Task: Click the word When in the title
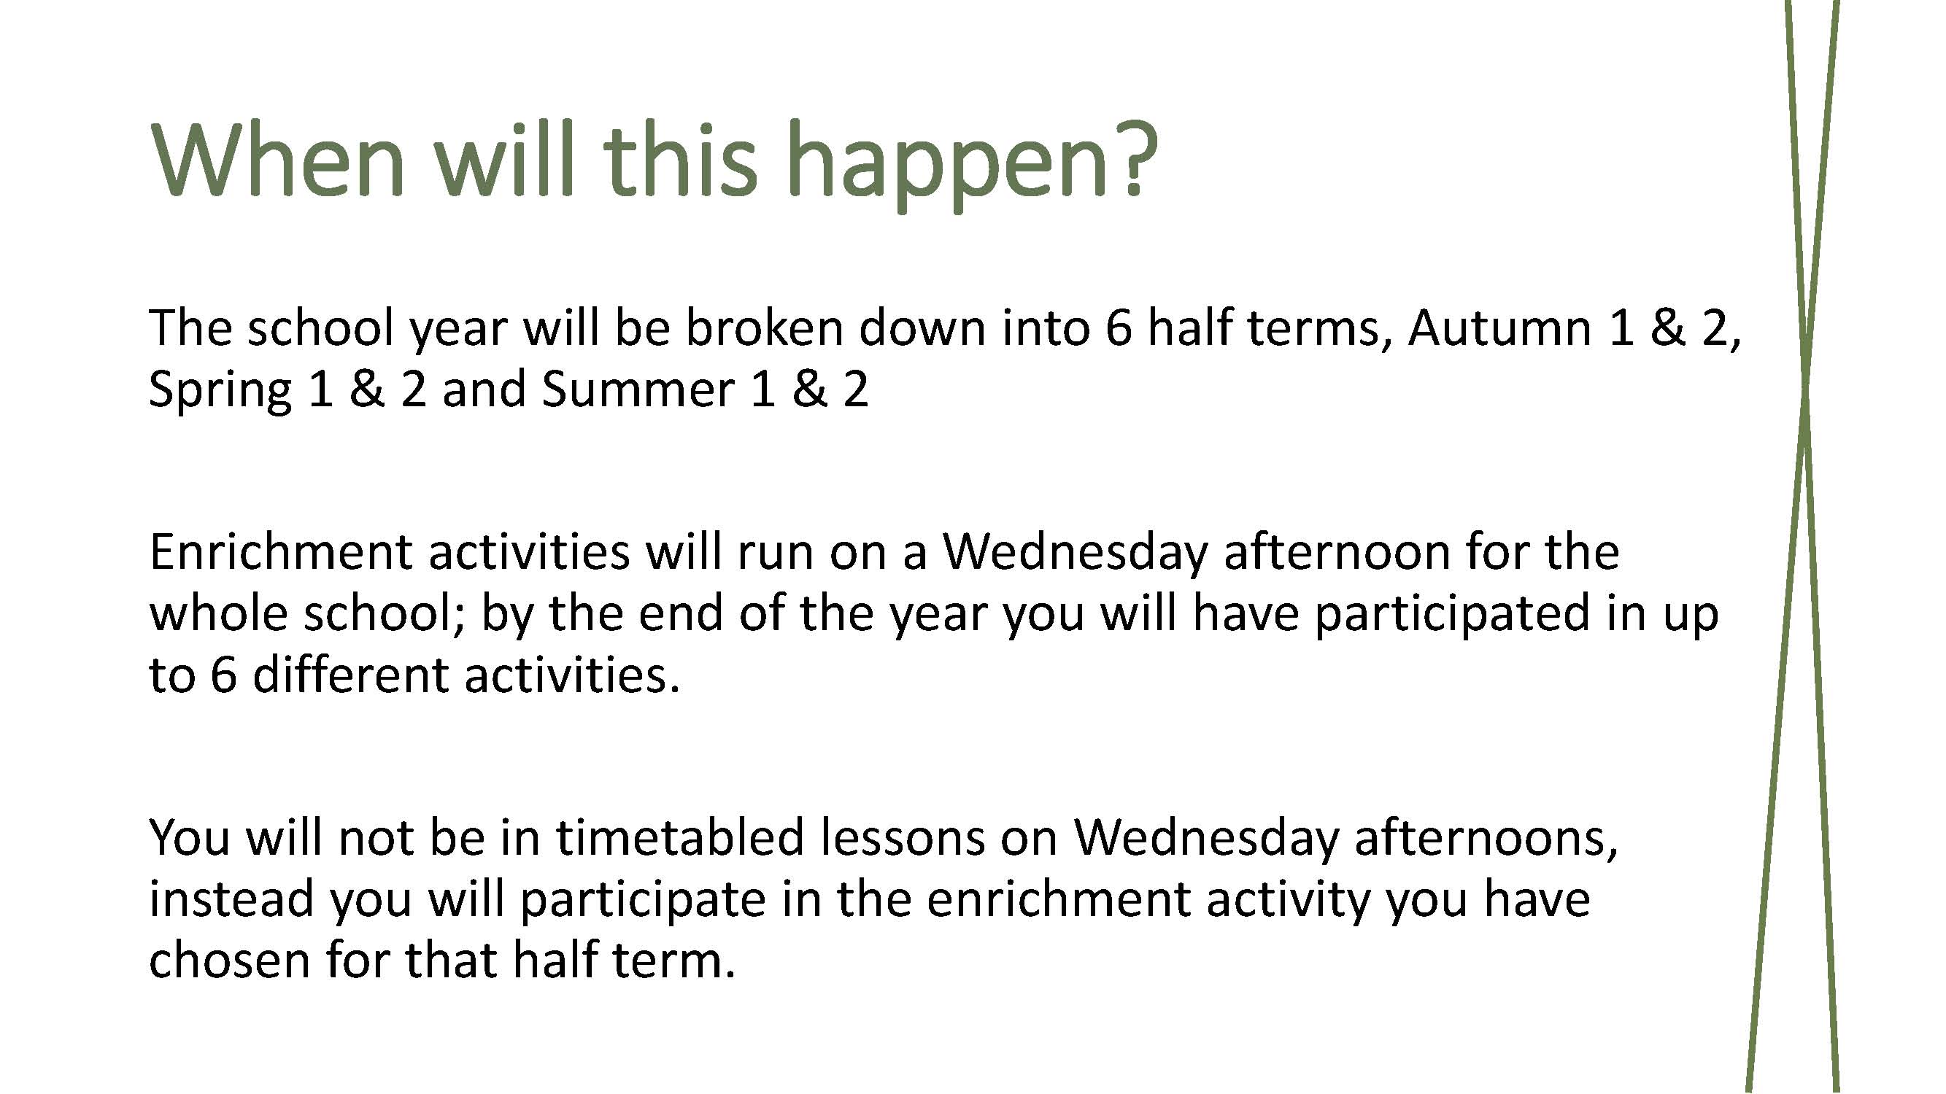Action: click(x=278, y=160)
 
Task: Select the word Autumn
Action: click(x=1499, y=328)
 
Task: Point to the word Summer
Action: click(x=639, y=389)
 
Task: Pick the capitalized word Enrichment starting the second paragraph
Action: click(x=280, y=552)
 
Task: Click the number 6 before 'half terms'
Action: click(x=1118, y=329)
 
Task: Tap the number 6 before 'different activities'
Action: click(x=223, y=675)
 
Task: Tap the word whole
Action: click(x=218, y=613)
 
